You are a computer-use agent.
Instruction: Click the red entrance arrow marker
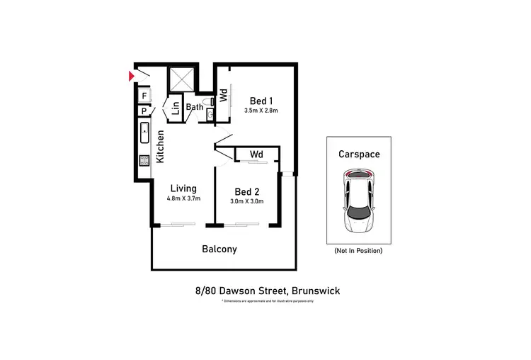pyautogui.click(x=131, y=74)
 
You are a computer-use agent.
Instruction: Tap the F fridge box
pyautogui.click(x=144, y=96)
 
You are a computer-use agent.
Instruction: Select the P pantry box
pyautogui.click(x=144, y=111)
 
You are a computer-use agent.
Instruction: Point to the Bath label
pyautogui.click(x=194, y=108)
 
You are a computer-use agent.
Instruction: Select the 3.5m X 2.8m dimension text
pyautogui.click(x=261, y=111)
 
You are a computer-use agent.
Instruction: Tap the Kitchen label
pyautogui.click(x=161, y=146)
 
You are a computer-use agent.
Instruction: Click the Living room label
pyautogui.click(x=183, y=189)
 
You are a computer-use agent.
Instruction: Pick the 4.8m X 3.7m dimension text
pyautogui.click(x=183, y=198)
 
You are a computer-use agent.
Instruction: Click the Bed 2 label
pyautogui.click(x=246, y=191)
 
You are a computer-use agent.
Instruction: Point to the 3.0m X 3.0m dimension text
pyautogui.click(x=246, y=201)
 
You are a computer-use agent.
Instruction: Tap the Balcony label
pyautogui.click(x=219, y=249)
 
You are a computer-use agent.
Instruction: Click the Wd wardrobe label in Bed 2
pyautogui.click(x=256, y=154)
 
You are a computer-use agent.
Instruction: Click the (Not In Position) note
pyautogui.click(x=358, y=251)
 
